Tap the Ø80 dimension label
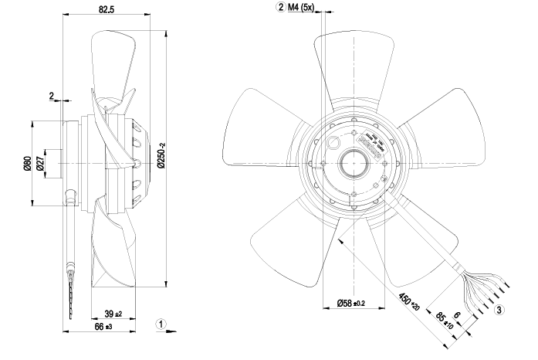point(26,164)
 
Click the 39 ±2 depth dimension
point(113,314)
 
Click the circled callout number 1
point(160,324)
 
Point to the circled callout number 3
point(499,311)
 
